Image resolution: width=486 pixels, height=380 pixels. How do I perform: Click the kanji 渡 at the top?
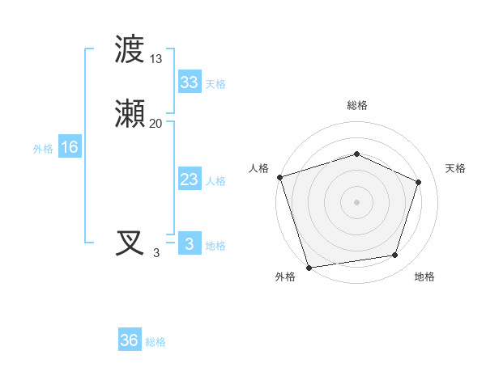(130, 50)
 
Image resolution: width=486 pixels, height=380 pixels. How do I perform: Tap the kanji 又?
(130, 243)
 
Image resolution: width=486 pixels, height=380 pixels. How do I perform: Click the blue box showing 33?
(189, 82)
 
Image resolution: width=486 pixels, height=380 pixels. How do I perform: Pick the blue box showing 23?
(189, 179)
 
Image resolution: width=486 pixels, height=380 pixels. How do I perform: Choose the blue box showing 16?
(70, 147)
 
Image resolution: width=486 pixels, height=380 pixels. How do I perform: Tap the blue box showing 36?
(130, 340)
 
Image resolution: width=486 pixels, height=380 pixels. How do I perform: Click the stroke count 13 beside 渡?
(156, 58)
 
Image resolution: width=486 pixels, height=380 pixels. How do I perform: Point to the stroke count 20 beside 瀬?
(156, 123)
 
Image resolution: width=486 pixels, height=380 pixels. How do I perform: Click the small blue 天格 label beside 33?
(215, 84)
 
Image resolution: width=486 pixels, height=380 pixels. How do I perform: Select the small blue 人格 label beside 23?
(215, 181)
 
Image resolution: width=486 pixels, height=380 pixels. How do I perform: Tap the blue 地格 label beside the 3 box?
(215, 246)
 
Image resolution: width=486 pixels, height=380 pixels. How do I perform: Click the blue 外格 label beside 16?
(43, 149)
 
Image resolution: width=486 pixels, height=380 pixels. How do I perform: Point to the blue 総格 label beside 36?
(156, 342)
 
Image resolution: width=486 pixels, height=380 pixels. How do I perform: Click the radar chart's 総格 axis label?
(357, 105)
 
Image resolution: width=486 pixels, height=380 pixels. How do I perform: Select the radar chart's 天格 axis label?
(455, 168)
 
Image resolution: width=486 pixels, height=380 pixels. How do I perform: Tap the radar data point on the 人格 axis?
(280, 177)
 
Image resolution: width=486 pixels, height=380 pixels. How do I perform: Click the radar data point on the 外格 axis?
(309, 266)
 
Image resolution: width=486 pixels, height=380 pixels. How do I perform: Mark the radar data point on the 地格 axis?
(395, 255)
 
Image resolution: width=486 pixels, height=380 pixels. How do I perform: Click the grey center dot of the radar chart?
(357, 201)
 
